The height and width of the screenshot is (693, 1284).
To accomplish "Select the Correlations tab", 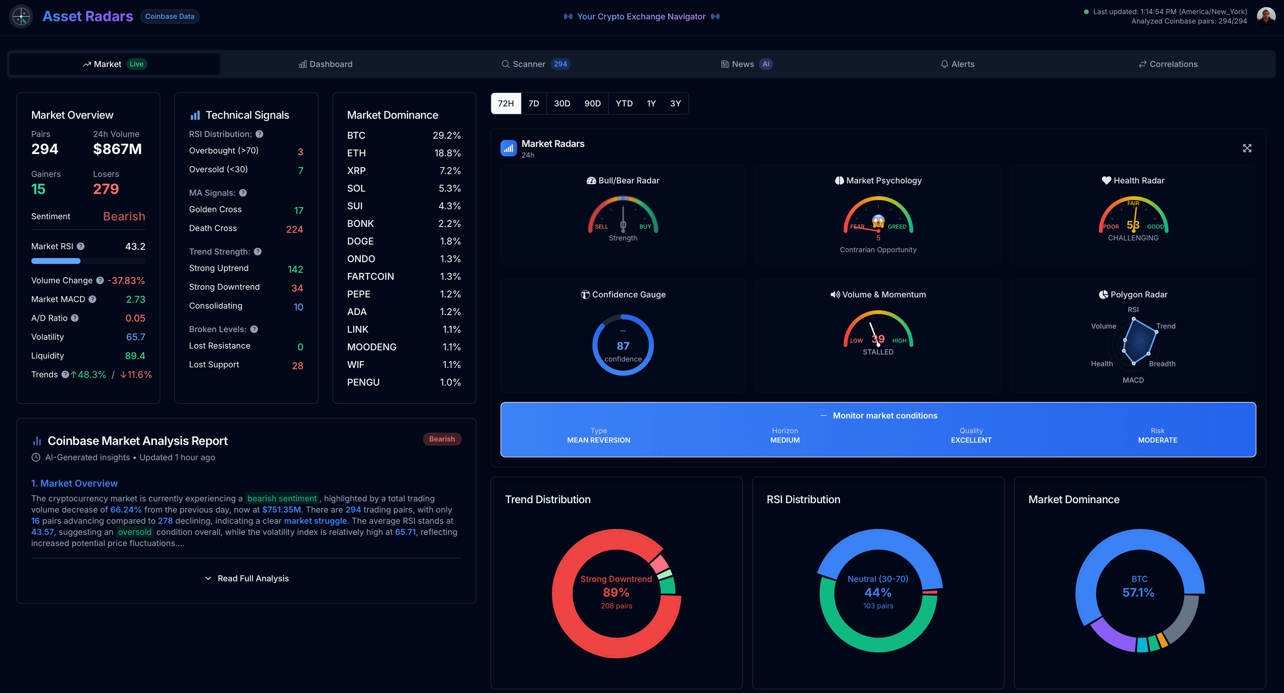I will [x=1168, y=64].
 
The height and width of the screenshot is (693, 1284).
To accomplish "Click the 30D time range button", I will [x=562, y=104].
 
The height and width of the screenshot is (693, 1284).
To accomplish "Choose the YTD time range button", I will [x=624, y=104].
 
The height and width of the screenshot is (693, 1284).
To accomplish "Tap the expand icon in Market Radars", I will [x=1247, y=148].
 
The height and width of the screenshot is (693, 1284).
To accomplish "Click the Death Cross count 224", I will [x=294, y=230].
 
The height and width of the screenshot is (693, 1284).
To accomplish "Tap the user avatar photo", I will [x=1266, y=16].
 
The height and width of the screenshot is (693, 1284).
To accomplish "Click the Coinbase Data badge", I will [x=170, y=16].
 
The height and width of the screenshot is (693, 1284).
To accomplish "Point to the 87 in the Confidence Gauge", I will [x=623, y=346].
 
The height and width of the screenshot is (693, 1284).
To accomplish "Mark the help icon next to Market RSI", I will [x=81, y=247].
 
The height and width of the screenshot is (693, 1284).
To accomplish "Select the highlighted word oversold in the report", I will [x=134, y=532].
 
